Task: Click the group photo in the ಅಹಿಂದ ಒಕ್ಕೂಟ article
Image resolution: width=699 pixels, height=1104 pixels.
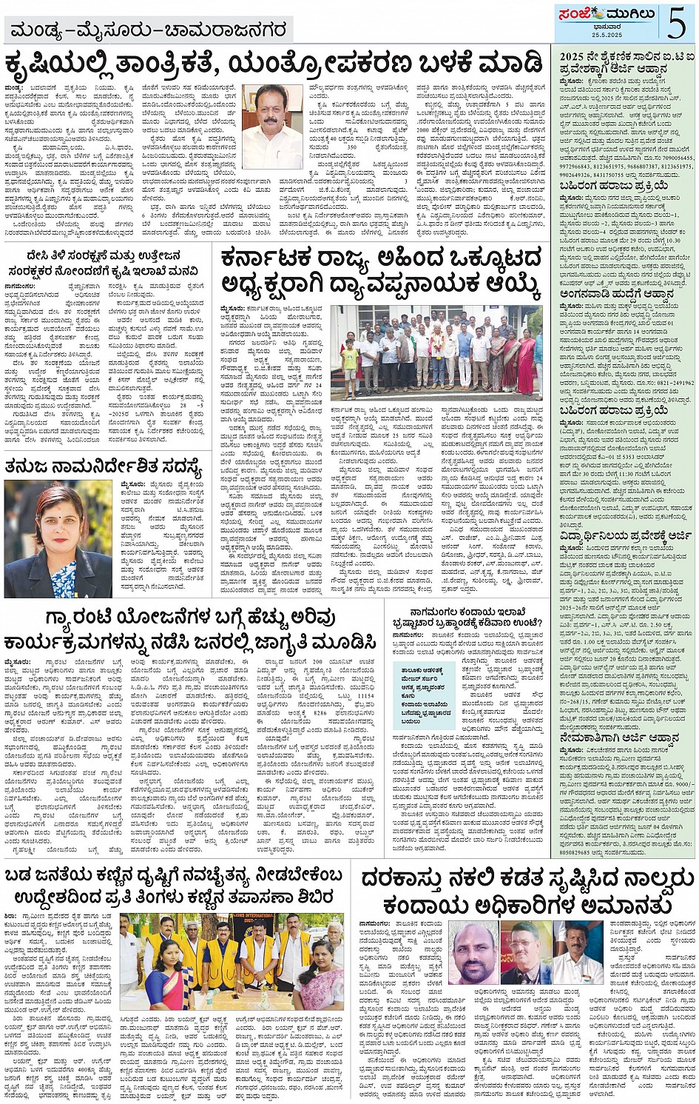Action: tap(436, 352)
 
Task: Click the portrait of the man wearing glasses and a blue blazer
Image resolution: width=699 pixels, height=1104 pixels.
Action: tap(525, 953)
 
